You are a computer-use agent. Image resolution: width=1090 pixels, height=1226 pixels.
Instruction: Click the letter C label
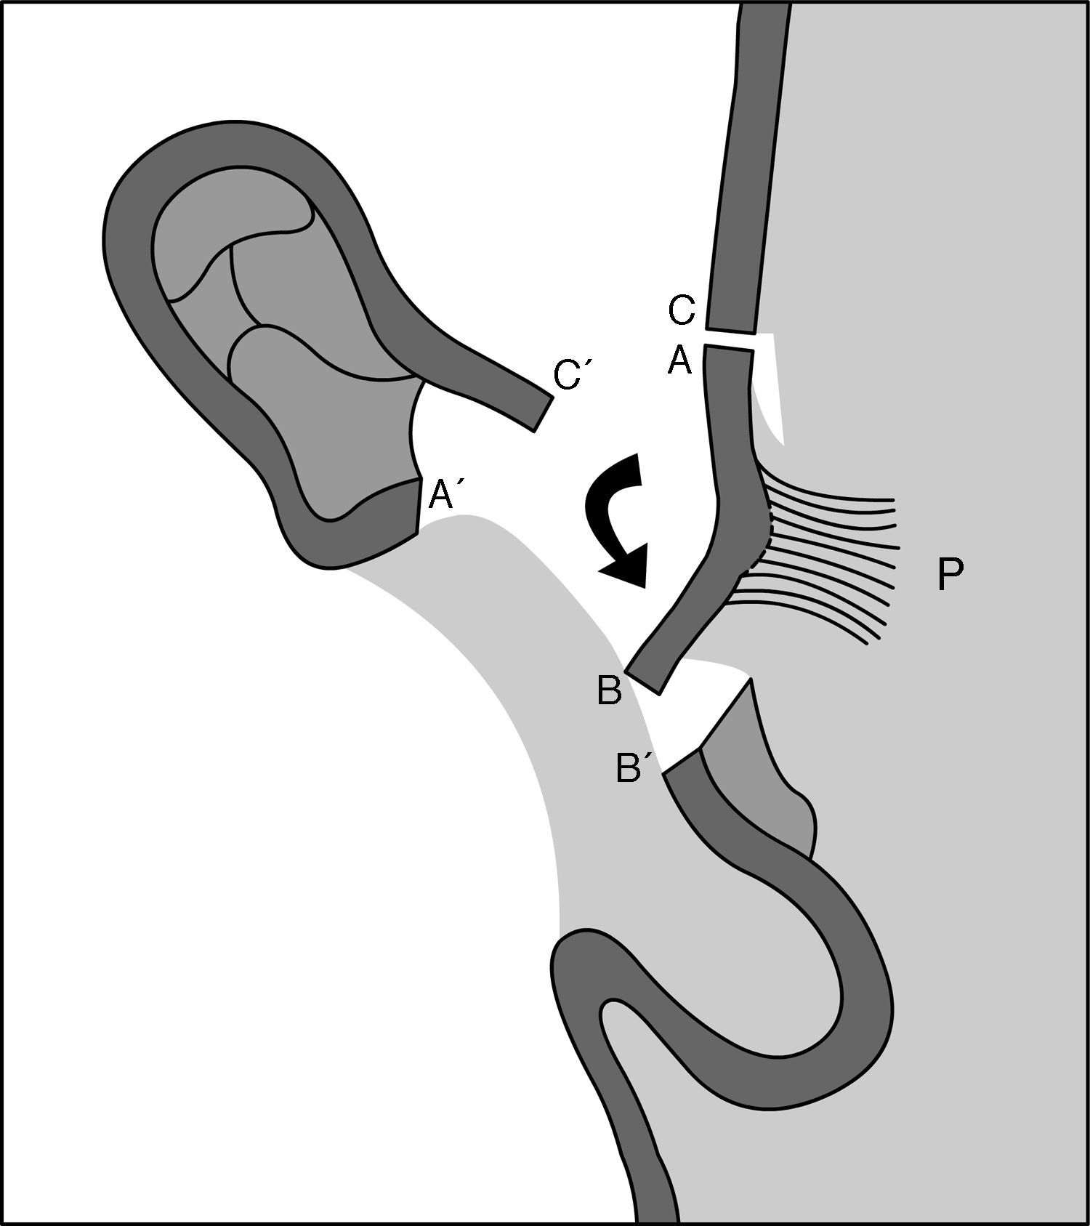(x=682, y=310)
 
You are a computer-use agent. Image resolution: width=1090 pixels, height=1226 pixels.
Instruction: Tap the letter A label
(x=680, y=360)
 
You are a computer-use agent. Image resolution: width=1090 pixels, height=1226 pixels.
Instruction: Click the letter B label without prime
(x=609, y=691)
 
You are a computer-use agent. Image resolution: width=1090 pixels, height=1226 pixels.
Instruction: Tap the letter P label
(x=950, y=575)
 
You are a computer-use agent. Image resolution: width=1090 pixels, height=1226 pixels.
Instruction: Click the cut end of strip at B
(x=644, y=680)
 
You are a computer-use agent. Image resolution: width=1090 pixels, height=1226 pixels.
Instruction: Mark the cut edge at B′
(x=682, y=763)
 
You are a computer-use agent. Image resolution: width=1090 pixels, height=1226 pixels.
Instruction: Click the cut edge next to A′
(x=419, y=507)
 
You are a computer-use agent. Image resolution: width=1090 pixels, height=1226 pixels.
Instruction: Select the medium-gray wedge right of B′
(x=756, y=770)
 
